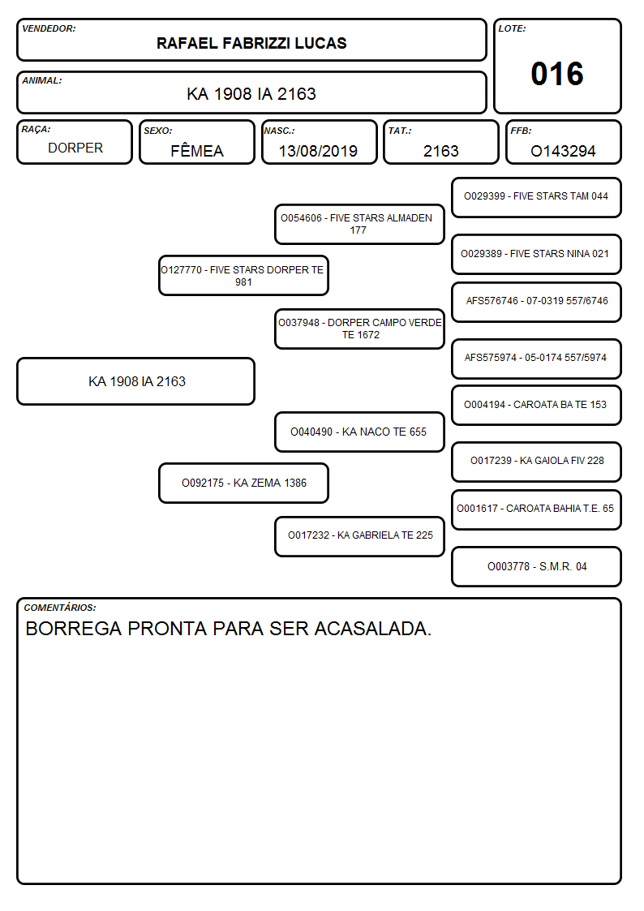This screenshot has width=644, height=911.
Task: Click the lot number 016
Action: click(557, 74)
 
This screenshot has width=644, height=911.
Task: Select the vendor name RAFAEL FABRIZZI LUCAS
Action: click(251, 43)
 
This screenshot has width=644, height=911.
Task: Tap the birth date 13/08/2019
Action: click(318, 151)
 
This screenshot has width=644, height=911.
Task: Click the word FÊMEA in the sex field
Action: click(197, 150)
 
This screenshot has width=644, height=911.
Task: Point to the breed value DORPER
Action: click(75, 148)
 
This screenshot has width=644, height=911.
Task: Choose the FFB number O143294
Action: click(563, 151)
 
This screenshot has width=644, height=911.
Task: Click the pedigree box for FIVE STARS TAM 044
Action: click(537, 197)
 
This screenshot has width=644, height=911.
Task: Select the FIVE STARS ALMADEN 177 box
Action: click(359, 224)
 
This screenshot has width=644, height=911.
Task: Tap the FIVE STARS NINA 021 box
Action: click(537, 254)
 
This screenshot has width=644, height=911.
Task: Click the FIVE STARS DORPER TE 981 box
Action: click(243, 275)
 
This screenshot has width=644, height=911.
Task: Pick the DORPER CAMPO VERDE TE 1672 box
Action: click(359, 329)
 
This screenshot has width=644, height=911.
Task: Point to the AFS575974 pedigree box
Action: click(537, 359)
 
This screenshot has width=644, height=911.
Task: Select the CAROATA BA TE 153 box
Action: click(537, 405)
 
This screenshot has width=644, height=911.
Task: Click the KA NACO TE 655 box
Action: click(359, 432)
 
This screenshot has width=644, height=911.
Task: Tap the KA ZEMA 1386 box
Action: click(243, 483)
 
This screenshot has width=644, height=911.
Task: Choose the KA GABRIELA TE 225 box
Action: click(359, 536)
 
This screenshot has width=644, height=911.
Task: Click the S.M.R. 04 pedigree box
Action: click(537, 566)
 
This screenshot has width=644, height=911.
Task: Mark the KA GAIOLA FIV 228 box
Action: click(537, 462)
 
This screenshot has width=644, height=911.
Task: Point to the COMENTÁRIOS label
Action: click(60, 608)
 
